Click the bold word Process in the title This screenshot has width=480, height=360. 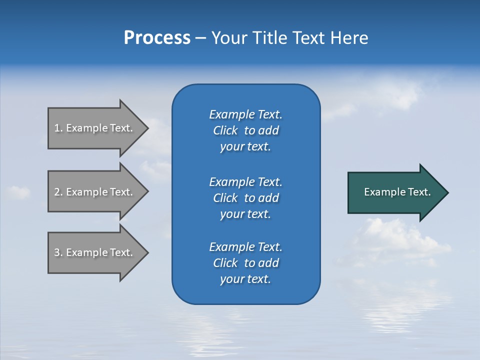pos(157,38)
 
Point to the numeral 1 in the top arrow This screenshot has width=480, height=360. pos(57,128)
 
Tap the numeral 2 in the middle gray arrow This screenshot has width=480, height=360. pos(57,192)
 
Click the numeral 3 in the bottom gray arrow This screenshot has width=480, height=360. pos(57,252)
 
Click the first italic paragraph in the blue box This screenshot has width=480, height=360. pos(245,130)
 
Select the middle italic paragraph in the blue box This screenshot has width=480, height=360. pos(245,197)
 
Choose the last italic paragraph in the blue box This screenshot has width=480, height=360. pos(245,263)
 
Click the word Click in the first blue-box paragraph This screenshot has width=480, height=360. pos(225,130)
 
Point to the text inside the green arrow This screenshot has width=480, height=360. pos(397,192)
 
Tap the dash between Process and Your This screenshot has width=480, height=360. pos(200,38)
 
